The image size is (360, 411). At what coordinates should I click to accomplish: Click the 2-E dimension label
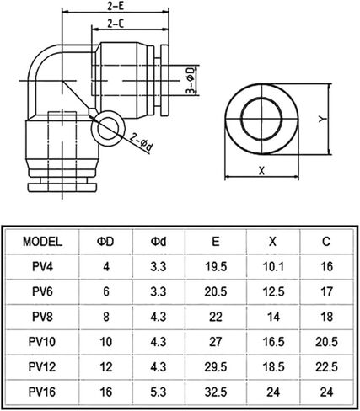(116, 6)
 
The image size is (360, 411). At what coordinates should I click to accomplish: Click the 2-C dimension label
(116, 24)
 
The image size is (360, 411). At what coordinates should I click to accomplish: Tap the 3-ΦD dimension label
(191, 80)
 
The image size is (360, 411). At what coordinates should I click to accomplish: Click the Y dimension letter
(323, 120)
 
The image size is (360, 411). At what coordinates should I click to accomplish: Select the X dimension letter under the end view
(261, 170)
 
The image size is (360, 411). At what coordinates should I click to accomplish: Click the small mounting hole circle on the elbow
(108, 128)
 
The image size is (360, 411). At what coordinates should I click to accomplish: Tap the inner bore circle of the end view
(261, 119)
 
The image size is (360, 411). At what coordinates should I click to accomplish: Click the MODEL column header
(42, 242)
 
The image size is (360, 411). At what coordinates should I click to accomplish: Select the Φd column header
(159, 242)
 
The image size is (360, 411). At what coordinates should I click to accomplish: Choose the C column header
(326, 242)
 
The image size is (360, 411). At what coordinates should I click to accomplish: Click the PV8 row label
(42, 317)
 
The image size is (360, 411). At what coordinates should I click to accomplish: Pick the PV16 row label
(42, 392)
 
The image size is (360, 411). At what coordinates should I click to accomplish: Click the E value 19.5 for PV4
(216, 266)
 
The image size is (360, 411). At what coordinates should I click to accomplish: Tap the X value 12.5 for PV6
(273, 291)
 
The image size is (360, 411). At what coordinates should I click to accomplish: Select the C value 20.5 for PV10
(326, 342)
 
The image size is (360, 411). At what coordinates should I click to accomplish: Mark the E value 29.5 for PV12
(216, 367)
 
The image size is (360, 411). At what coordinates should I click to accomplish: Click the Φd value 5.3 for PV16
(159, 392)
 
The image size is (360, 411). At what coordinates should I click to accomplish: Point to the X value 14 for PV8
(273, 317)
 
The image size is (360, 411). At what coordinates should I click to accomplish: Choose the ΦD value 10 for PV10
(106, 342)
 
